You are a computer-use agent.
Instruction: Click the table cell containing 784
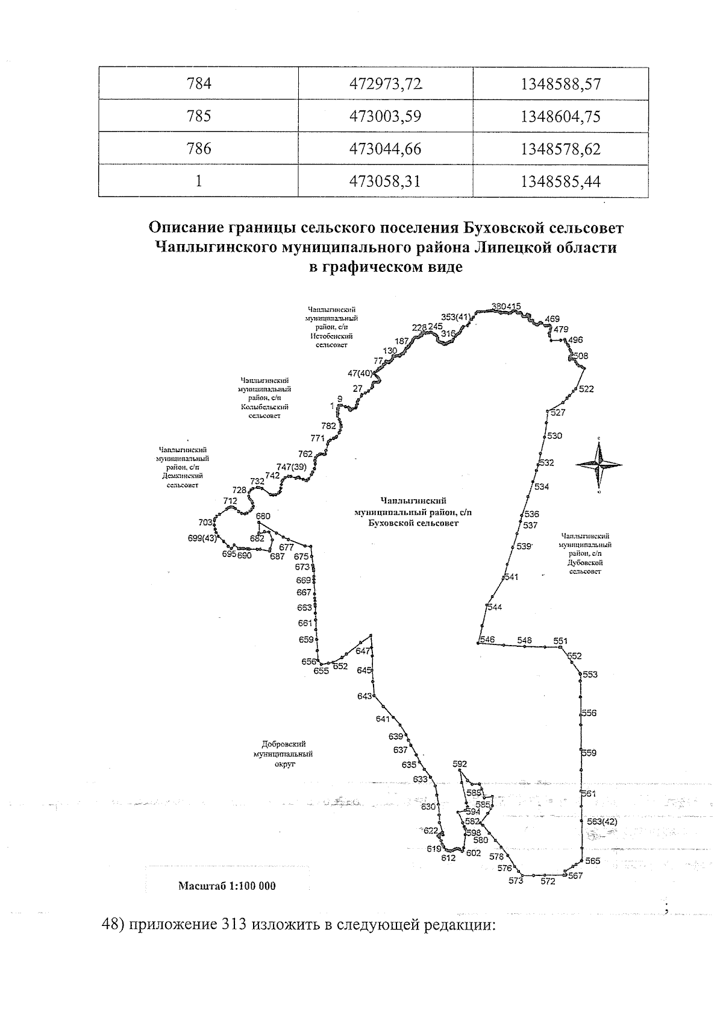tap(199, 83)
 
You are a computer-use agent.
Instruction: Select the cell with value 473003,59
tap(386, 116)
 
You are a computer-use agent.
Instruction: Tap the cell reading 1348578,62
tap(561, 148)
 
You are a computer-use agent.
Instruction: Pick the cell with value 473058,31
tap(386, 181)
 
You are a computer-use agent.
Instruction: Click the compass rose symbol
tap(599, 465)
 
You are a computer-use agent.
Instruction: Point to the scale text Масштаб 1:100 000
tap(227, 886)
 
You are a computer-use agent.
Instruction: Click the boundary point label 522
tap(586, 389)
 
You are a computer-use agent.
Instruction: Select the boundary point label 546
tap(487, 640)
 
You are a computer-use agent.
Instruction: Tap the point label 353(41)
tap(455, 317)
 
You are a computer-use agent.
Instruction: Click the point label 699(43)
tap(202, 538)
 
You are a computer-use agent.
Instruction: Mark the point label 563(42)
tap(602, 822)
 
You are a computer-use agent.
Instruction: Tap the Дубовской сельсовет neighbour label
tap(585, 553)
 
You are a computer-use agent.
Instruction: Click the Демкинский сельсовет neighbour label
tap(183, 467)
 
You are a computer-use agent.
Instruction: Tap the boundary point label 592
tap(460, 764)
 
